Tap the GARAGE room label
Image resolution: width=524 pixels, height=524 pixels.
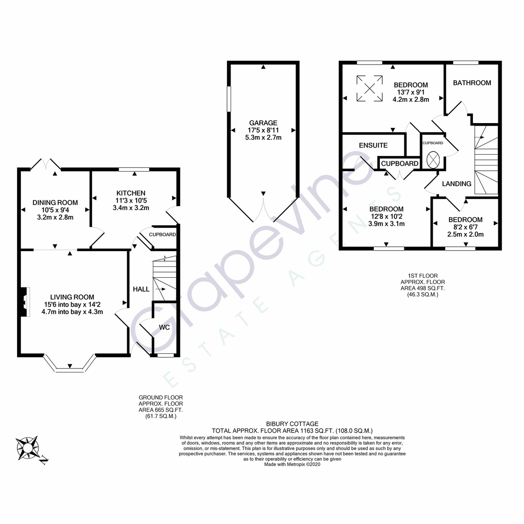(263, 123)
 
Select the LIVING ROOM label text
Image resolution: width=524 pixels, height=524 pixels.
(72, 297)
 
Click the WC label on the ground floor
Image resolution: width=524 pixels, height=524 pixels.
(164, 327)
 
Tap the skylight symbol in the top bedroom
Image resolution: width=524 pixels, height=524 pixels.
(369, 89)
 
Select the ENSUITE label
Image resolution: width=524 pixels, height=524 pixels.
(373, 145)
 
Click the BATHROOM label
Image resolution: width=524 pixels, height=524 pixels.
(472, 83)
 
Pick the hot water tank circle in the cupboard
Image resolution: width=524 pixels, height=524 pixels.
(433, 159)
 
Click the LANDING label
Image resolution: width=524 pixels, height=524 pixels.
(456, 184)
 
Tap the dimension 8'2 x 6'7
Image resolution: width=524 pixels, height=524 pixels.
(465, 227)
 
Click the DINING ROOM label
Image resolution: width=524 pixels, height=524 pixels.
(55, 203)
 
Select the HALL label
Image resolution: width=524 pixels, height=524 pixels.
(141, 289)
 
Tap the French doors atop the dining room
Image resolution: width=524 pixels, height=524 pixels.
(45, 163)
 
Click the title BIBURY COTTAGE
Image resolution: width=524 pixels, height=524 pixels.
(292, 424)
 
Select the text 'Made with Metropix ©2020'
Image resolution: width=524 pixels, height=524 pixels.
(292, 465)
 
